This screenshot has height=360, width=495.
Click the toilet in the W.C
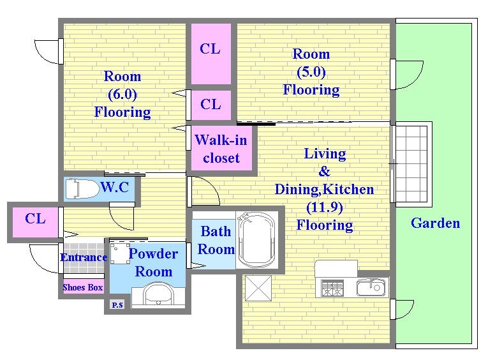tap(82, 189)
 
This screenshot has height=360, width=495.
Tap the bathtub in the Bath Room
tap(256, 240)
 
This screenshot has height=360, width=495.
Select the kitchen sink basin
tap(371, 288)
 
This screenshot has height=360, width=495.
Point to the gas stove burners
tap(332, 289)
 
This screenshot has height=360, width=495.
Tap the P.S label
tap(117, 304)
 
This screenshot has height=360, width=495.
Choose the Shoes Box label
tap(83, 287)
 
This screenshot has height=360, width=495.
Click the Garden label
tap(435, 223)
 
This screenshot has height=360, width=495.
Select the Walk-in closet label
tap(221, 149)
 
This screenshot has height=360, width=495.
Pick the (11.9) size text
tap(325, 207)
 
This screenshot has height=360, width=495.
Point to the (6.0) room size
tap(122, 94)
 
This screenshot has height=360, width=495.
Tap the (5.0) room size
tap(311, 71)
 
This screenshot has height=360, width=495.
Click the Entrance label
tap(84, 257)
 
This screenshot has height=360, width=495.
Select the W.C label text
tap(115, 187)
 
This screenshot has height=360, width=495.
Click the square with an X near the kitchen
tap(258, 288)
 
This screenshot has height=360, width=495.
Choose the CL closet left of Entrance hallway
tap(35, 222)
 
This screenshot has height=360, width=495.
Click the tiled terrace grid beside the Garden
tap(411, 164)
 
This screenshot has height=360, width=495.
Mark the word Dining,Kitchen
tap(324, 190)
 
